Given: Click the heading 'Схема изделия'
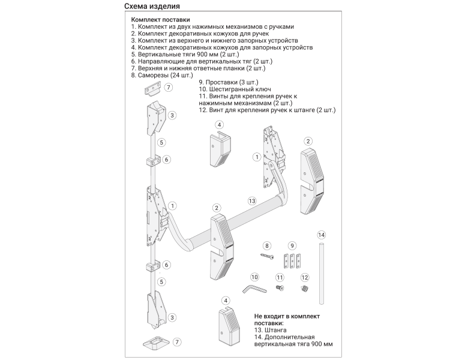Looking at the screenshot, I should (154, 7).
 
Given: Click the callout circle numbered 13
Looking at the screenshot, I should (252, 200).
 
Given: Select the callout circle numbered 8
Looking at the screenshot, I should (268, 245).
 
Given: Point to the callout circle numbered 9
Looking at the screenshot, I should (292, 245).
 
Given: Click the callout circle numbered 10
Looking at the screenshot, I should (254, 277).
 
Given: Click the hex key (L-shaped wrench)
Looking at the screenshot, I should (255, 289).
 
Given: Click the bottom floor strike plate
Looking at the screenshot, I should (158, 343).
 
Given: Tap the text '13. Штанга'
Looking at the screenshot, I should (270, 330).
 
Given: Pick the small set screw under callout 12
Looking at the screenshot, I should (304, 290).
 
